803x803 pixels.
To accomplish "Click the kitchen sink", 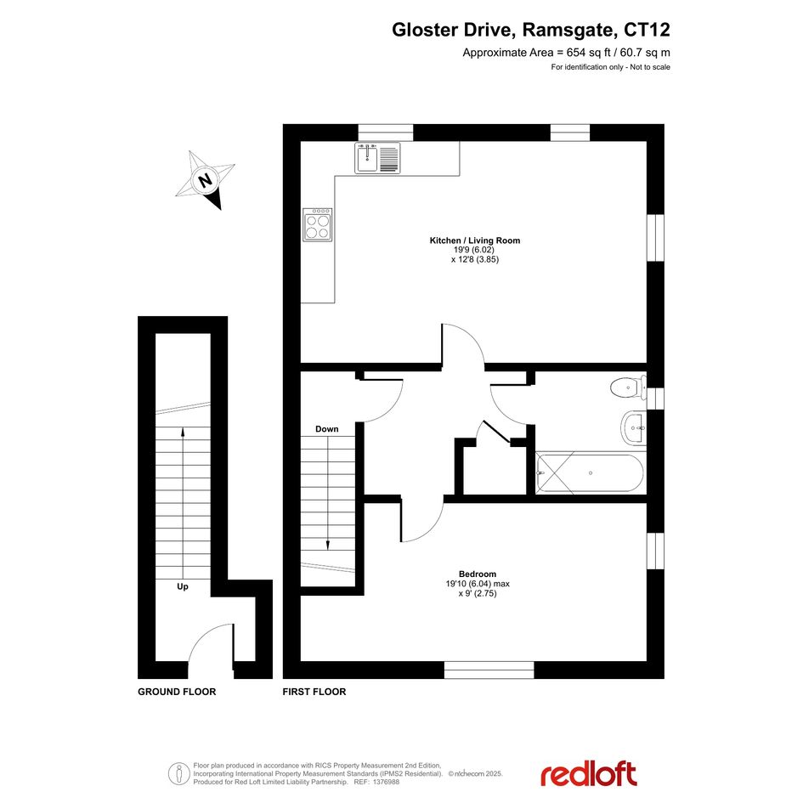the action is [x=377, y=158].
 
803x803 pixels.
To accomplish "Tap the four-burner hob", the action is [x=317, y=224].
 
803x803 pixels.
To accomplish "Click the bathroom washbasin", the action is [x=634, y=427].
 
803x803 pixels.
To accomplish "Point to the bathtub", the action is [x=590, y=472].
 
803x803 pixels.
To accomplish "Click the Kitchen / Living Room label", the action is [x=475, y=240].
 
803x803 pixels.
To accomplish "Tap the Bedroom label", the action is [x=478, y=574].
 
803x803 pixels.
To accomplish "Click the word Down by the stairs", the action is [x=327, y=428].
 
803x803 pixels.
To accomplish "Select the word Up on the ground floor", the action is [x=183, y=587].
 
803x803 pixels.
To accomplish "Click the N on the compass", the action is [x=206, y=180].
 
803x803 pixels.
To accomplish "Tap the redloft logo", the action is [x=589, y=774].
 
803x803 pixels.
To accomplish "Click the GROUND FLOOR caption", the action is [x=177, y=692].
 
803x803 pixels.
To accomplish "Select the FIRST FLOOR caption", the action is [x=314, y=692].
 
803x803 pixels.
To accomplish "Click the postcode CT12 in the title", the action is [x=647, y=30].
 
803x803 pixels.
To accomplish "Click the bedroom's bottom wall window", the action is [x=489, y=670].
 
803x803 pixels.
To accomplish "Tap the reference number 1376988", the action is [x=386, y=782].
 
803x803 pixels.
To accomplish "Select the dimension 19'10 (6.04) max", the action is [x=478, y=584].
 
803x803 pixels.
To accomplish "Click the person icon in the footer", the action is [x=178, y=774].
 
